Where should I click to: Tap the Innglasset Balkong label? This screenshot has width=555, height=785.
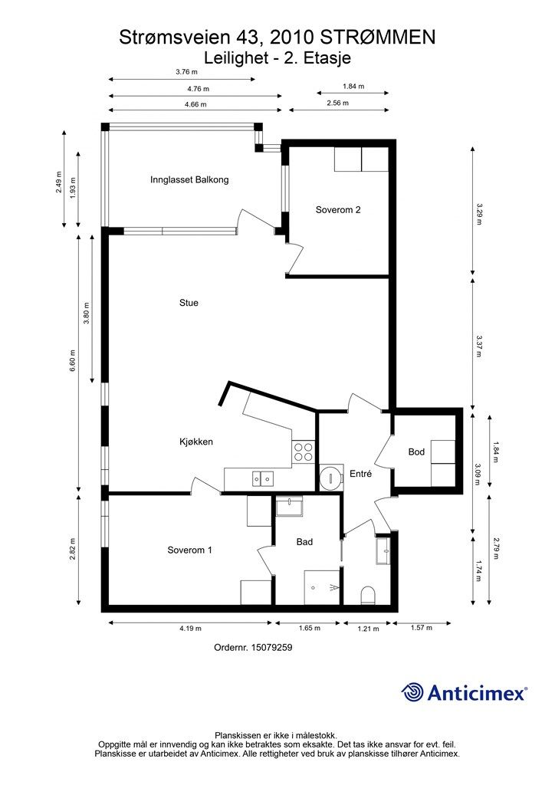click(189, 180)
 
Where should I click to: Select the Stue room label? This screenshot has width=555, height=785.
click(189, 303)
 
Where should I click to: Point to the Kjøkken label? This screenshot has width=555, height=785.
click(195, 442)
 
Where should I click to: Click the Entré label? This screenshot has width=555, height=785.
click(360, 474)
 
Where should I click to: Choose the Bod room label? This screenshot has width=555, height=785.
click(416, 452)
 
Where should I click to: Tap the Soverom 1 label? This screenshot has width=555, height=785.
click(189, 550)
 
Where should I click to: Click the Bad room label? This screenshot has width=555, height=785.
click(304, 542)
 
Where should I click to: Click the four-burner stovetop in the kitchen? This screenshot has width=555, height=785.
click(304, 452)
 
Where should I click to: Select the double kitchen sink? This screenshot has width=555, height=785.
click(261, 478)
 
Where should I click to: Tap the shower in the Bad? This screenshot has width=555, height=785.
click(322, 586)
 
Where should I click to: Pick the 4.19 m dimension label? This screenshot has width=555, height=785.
click(190, 629)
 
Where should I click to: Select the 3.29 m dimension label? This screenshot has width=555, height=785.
click(479, 210)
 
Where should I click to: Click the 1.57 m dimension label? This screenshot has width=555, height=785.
click(422, 629)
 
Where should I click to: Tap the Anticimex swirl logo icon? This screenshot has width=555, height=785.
click(413, 692)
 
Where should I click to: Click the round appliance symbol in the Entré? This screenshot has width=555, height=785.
click(330, 477)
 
